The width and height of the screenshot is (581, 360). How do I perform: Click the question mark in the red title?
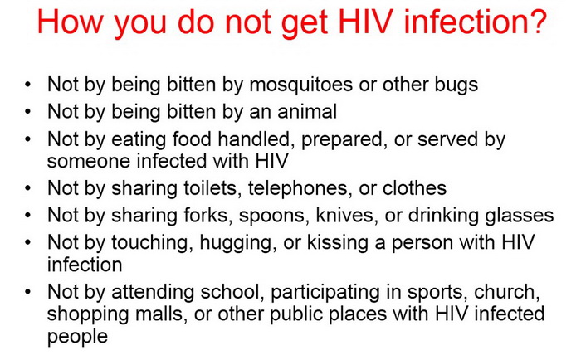536,22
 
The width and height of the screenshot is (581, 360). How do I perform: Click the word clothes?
414,188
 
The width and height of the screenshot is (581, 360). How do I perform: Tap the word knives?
344,216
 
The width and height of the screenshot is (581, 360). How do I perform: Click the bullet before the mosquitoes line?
27,85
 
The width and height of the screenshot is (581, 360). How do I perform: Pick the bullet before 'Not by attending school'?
27,292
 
